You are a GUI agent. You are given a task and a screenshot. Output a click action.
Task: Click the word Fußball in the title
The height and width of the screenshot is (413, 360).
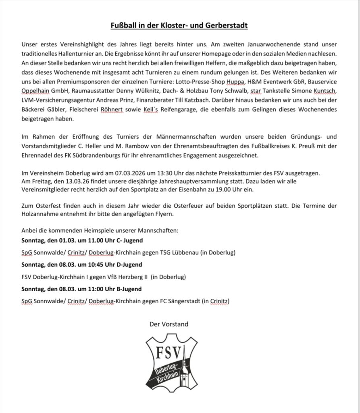(123, 26)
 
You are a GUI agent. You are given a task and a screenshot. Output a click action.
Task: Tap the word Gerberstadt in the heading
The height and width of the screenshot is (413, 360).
(228, 26)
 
